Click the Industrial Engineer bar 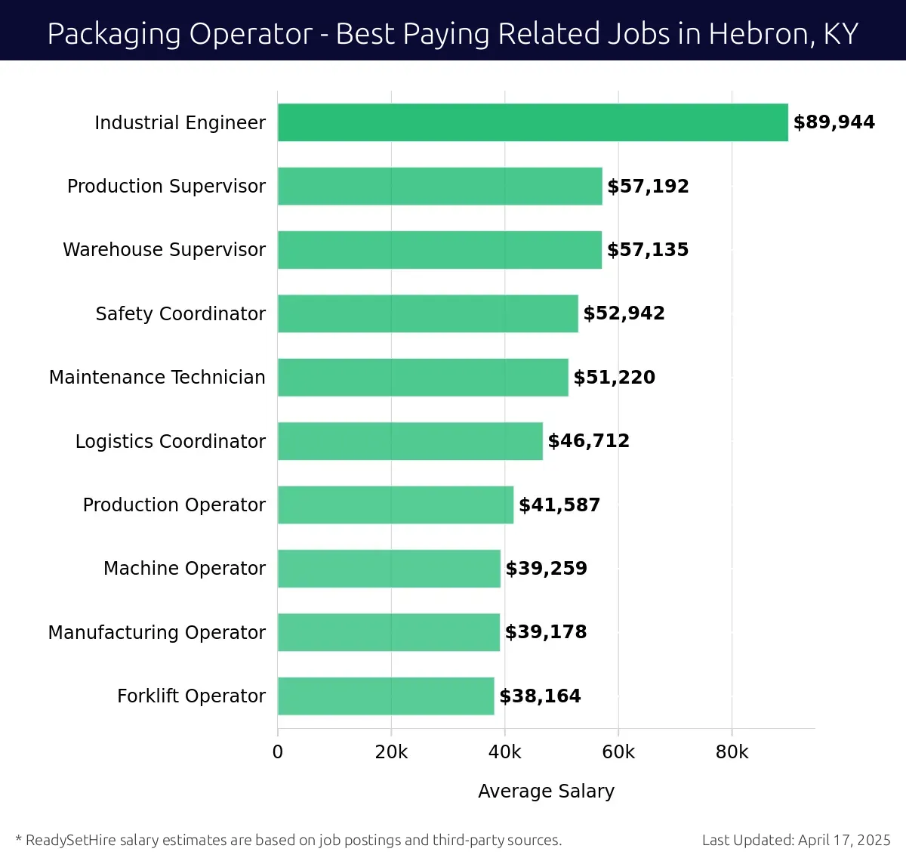pyautogui.click(x=532, y=122)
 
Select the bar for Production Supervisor pyautogui.click(x=439, y=186)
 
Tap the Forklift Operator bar pyautogui.click(x=386, y=696)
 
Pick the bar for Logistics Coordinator pyautogui.click(x=410, y=441)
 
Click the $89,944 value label pyautogui.click(x=834, y=122)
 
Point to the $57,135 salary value pyautogui.click(x=648, y=250)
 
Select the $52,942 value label pyautogui.click(x=624, y=313)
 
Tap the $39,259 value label pyautogui.click(x=546, y=569)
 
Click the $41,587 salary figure pyautogui.click(x=559, y=505)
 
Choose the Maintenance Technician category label pyautogui.click(x=157, y=377)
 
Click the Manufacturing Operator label pyautogui.click(x=157, y=632)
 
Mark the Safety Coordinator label pyautogui.click(x=180, y=313)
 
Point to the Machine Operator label pyautogui.click(x=184, y=568)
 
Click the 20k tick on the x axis pyautogui.click(x=391, y=752)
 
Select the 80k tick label pyautogui.click(x=732, y=752)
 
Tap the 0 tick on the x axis pyautogui.click(x=278, y=752)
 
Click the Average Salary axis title pyautogui.click(x=546, y=791)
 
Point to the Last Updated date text pyautogui.click(x=796, y=840)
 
